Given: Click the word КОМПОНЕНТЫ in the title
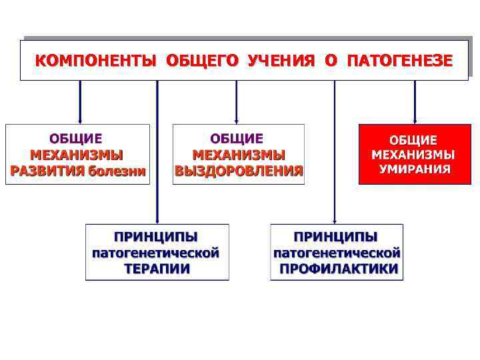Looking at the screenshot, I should click(95, 61).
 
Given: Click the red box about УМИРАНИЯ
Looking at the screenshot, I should click(414, 154).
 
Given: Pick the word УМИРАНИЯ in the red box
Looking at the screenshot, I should click(414, 169).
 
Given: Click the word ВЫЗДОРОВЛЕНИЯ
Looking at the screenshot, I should click(239, 171).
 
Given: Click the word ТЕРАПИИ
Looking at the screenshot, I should click(157, 269).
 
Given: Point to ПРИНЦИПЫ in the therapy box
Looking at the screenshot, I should click(157, 237).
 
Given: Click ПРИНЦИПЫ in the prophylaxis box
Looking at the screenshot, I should click(336, 237).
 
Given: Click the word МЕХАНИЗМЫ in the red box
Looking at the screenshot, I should click(413, 154).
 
